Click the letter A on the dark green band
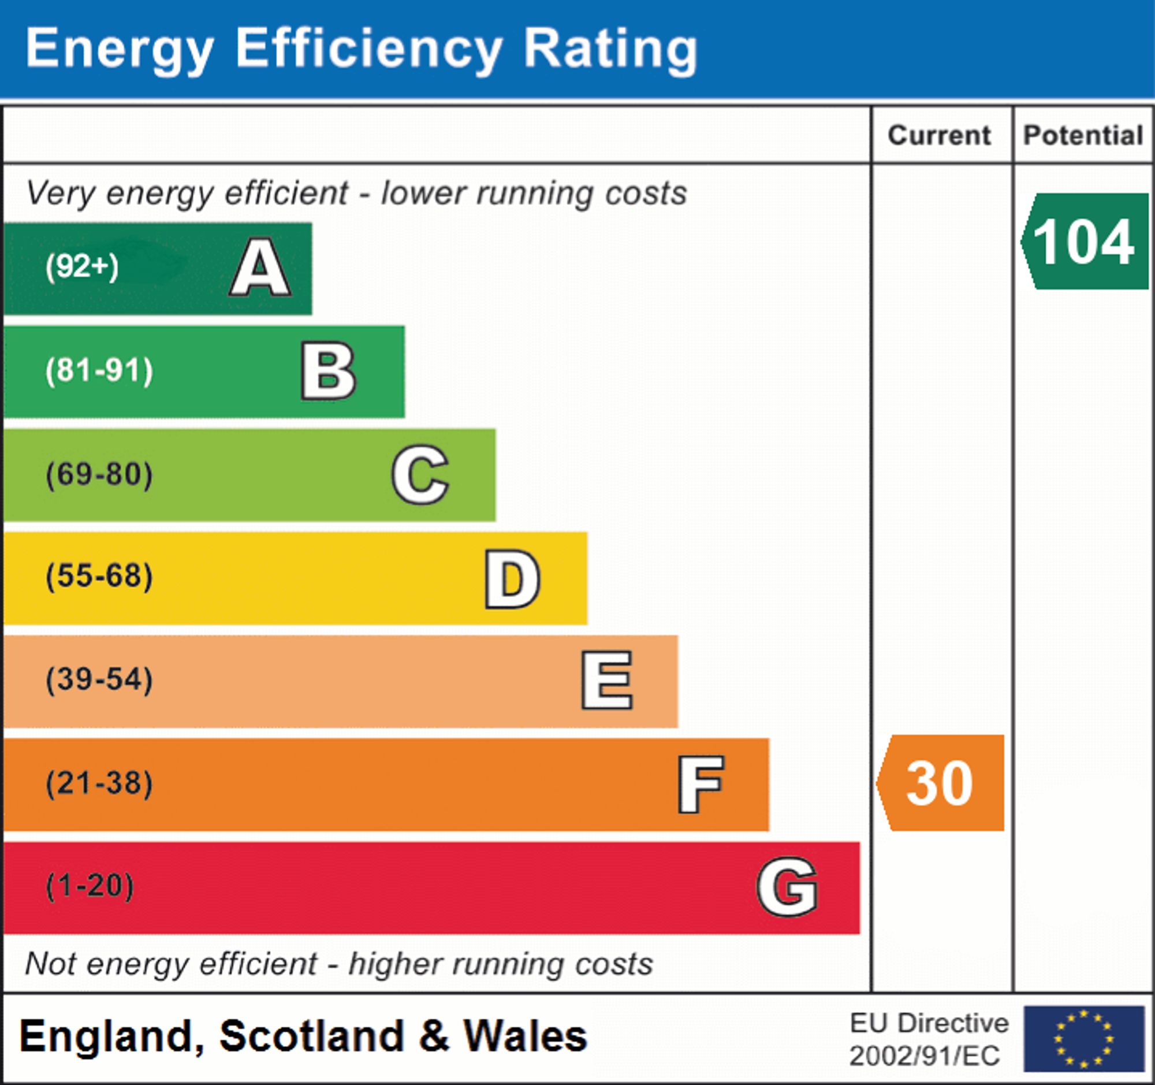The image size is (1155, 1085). tap(260, 267)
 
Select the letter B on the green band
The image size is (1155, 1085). tap(328, 371)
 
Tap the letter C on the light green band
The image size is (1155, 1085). tap(420, 474)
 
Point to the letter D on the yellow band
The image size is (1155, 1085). tap(512, 578)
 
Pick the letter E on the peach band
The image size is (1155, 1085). tap(606, 680)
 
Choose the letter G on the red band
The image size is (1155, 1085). tap(787, 887)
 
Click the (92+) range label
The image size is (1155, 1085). tap(82, 267)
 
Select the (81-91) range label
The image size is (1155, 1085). tap(99, 371)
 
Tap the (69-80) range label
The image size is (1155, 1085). tap(99, 474)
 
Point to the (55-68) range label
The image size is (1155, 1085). tap(99, 577)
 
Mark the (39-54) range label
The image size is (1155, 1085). tap(99, 679)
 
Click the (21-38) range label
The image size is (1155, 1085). tap(99, 783)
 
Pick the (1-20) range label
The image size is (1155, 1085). tap(90, 886)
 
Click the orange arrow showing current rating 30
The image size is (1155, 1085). tap(941, 783)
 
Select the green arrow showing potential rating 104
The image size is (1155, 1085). tap(1084, 241)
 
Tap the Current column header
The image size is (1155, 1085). tap(940, 135)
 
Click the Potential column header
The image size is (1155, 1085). tap(1083, 135)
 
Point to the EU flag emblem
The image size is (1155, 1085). tap(1083, 1039)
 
